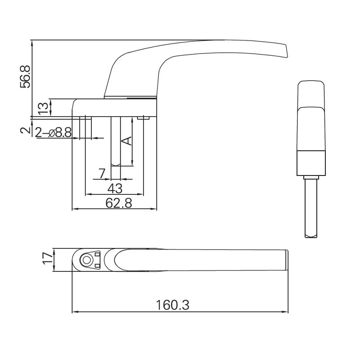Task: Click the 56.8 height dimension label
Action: point(25,77)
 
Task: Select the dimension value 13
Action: point(43,108)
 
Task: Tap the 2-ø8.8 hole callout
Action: point(54,132)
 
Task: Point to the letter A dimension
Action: point(127,140)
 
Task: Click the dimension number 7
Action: point(102,173)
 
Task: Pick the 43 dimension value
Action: point(114,188)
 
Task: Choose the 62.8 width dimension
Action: point(119,203)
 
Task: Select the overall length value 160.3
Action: point(173,305)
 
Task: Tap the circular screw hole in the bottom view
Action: point(85,260)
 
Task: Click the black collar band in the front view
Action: point(310,163)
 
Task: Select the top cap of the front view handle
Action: point(310,92)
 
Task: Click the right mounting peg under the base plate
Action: point(145,118)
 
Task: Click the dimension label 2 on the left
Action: point(26,130)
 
